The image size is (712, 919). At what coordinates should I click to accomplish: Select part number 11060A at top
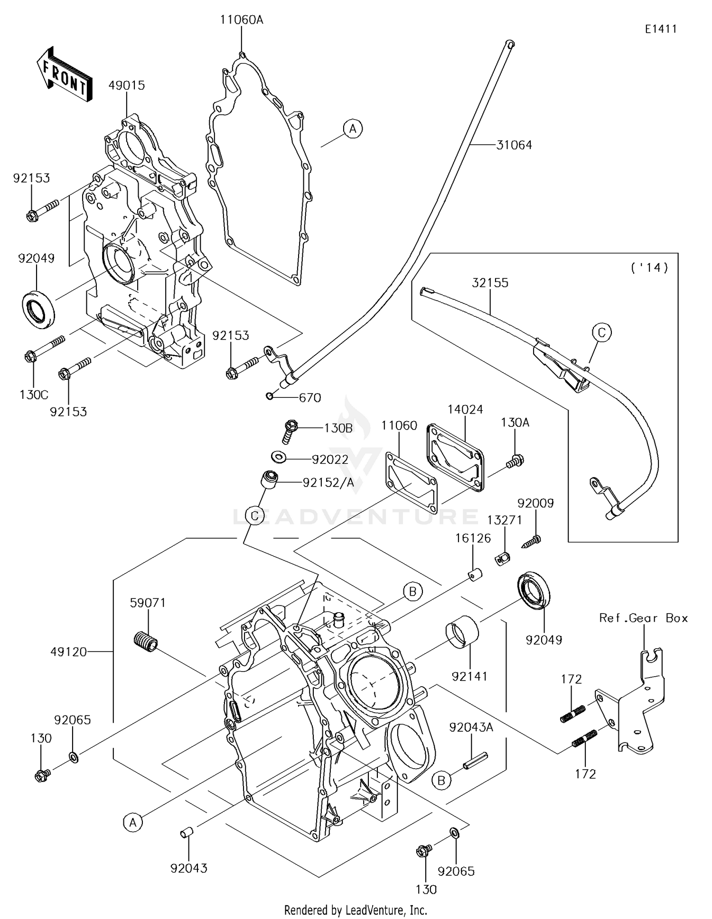point(241,20)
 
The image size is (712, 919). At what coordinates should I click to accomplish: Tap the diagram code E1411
point(661,29)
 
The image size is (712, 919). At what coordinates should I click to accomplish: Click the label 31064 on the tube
point(514,145)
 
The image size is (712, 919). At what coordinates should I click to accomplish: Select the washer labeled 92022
point(279,457)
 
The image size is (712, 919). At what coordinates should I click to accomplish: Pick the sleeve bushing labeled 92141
point(462,632)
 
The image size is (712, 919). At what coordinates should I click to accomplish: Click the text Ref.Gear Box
point(643,618)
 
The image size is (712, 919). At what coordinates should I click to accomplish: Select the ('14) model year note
point(649,268)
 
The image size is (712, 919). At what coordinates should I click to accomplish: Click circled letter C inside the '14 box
point(601,332)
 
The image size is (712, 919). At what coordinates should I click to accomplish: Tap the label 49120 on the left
point(69,652)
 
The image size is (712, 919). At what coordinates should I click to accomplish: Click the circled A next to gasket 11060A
point(353,129)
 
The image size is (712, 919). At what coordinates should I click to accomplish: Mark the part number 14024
point(465,410)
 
